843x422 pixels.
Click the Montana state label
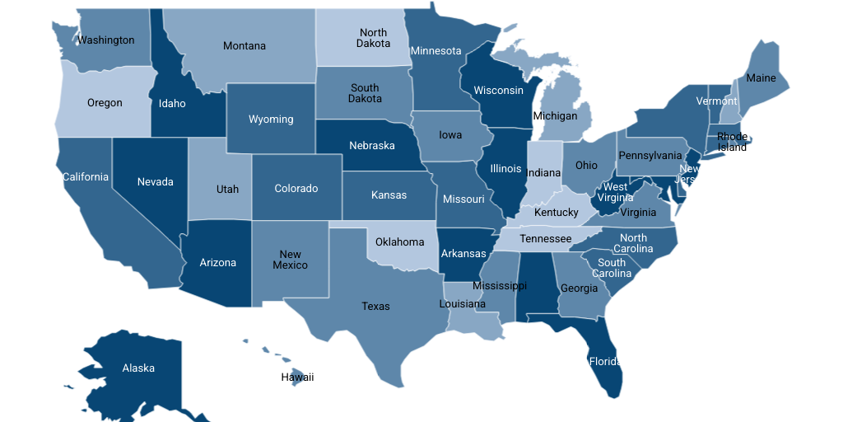245,46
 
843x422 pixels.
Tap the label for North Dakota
373,38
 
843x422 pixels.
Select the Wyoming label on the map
271,120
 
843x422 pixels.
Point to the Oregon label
105,103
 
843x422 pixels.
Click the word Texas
375,307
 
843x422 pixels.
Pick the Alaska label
138,368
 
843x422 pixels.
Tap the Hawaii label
297,377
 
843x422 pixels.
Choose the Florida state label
603,361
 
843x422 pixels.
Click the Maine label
761,78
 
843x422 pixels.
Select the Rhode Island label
731,142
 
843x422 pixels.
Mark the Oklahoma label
399,242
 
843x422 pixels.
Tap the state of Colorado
296,189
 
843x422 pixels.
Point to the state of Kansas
389,195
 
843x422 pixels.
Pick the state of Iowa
450,135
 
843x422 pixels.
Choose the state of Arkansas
463,254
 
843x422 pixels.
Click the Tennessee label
545,239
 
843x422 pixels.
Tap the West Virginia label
615,192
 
